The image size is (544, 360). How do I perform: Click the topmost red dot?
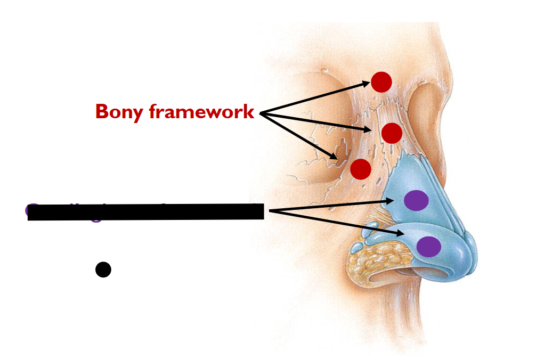[381, 82]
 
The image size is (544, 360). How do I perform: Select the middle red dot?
[392, 133]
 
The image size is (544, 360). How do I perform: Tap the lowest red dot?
[361, 169]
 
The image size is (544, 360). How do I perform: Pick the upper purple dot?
[416, 200]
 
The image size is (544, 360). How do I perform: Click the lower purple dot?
[428, 247]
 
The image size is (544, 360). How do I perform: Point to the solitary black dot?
[103, 269]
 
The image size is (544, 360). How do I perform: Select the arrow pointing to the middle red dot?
[320, 122]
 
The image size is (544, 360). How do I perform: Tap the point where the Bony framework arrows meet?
[259, 113]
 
